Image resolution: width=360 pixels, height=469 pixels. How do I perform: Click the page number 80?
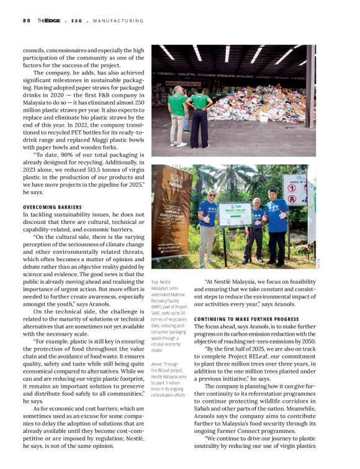tap(26, 20)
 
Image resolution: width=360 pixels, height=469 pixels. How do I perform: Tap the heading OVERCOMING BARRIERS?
tap(52, 207)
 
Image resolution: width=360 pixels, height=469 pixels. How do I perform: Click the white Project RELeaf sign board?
tap(235, 214)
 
